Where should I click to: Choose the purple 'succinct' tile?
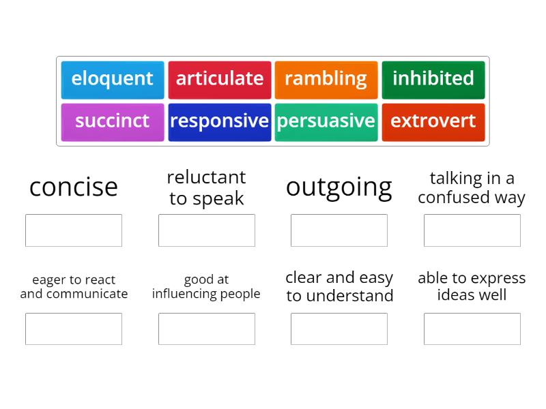113,122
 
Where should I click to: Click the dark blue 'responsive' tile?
220,122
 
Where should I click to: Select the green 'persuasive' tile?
326,122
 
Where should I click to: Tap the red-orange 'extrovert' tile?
433,122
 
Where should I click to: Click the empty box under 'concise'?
74,230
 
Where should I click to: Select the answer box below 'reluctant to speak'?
207,230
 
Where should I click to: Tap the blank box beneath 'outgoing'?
339,230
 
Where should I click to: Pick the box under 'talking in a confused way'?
472,230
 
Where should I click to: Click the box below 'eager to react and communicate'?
74,329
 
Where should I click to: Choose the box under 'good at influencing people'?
207,329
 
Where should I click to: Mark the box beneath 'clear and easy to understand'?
339,329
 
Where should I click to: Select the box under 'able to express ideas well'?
472,329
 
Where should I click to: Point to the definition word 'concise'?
74,187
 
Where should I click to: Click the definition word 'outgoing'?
339,187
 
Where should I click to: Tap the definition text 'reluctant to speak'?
207,187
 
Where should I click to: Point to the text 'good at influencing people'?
207,287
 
